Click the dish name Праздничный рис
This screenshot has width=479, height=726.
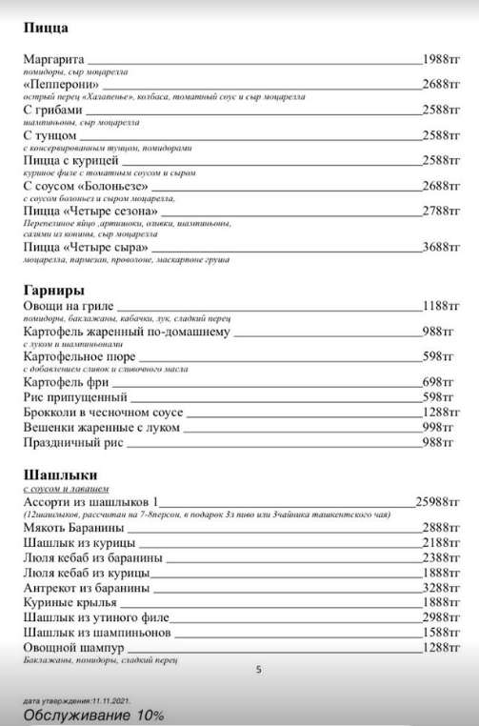click(72, 443)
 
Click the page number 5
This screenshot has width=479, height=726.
click(259, 669)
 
